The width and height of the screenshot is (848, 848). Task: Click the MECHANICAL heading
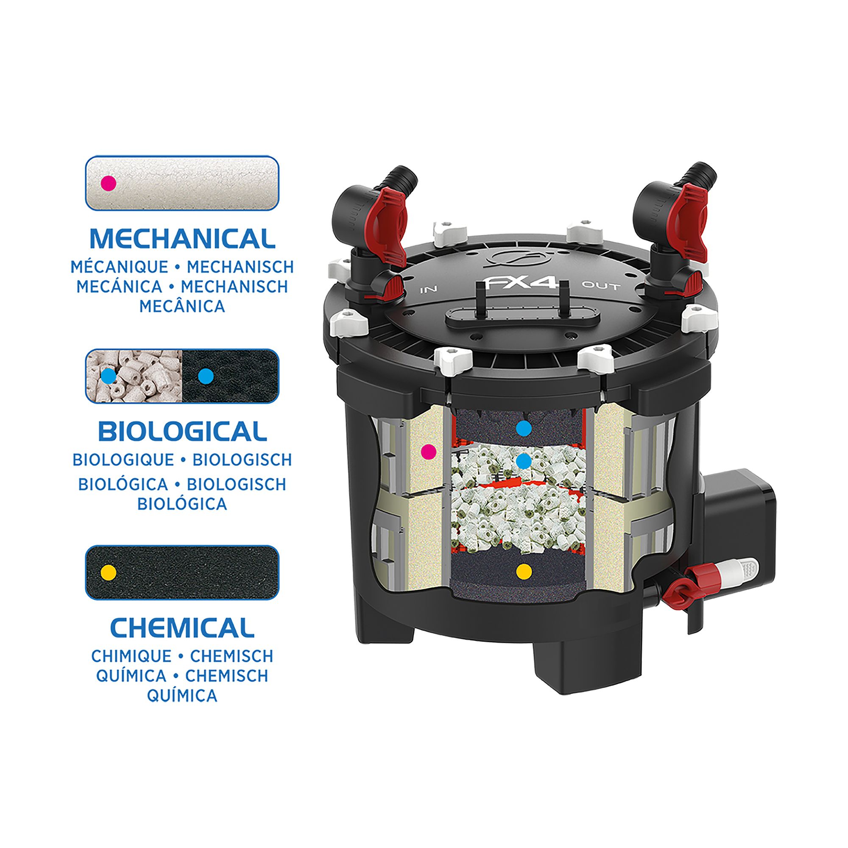[182, 239]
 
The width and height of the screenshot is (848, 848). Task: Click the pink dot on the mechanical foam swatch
[109, 183]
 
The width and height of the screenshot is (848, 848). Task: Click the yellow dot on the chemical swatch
[109, 572]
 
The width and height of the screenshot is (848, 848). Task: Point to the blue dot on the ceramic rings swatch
[109, 376]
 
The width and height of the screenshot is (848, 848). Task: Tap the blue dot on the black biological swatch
[206, 376]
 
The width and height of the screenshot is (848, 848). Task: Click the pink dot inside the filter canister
[428, 451]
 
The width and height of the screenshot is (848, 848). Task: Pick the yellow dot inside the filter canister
[524, 571]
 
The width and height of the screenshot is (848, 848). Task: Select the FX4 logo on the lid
[521, 282]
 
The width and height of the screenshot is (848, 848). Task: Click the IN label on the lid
[429, 290]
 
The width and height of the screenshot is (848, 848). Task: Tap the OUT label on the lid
[601, 286]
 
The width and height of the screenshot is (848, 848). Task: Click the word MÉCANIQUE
[120, 267]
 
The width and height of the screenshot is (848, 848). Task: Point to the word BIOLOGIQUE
[123, 460]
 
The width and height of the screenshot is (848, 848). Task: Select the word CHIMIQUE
[131, 656]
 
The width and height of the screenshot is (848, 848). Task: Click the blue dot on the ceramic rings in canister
[523, 461]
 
